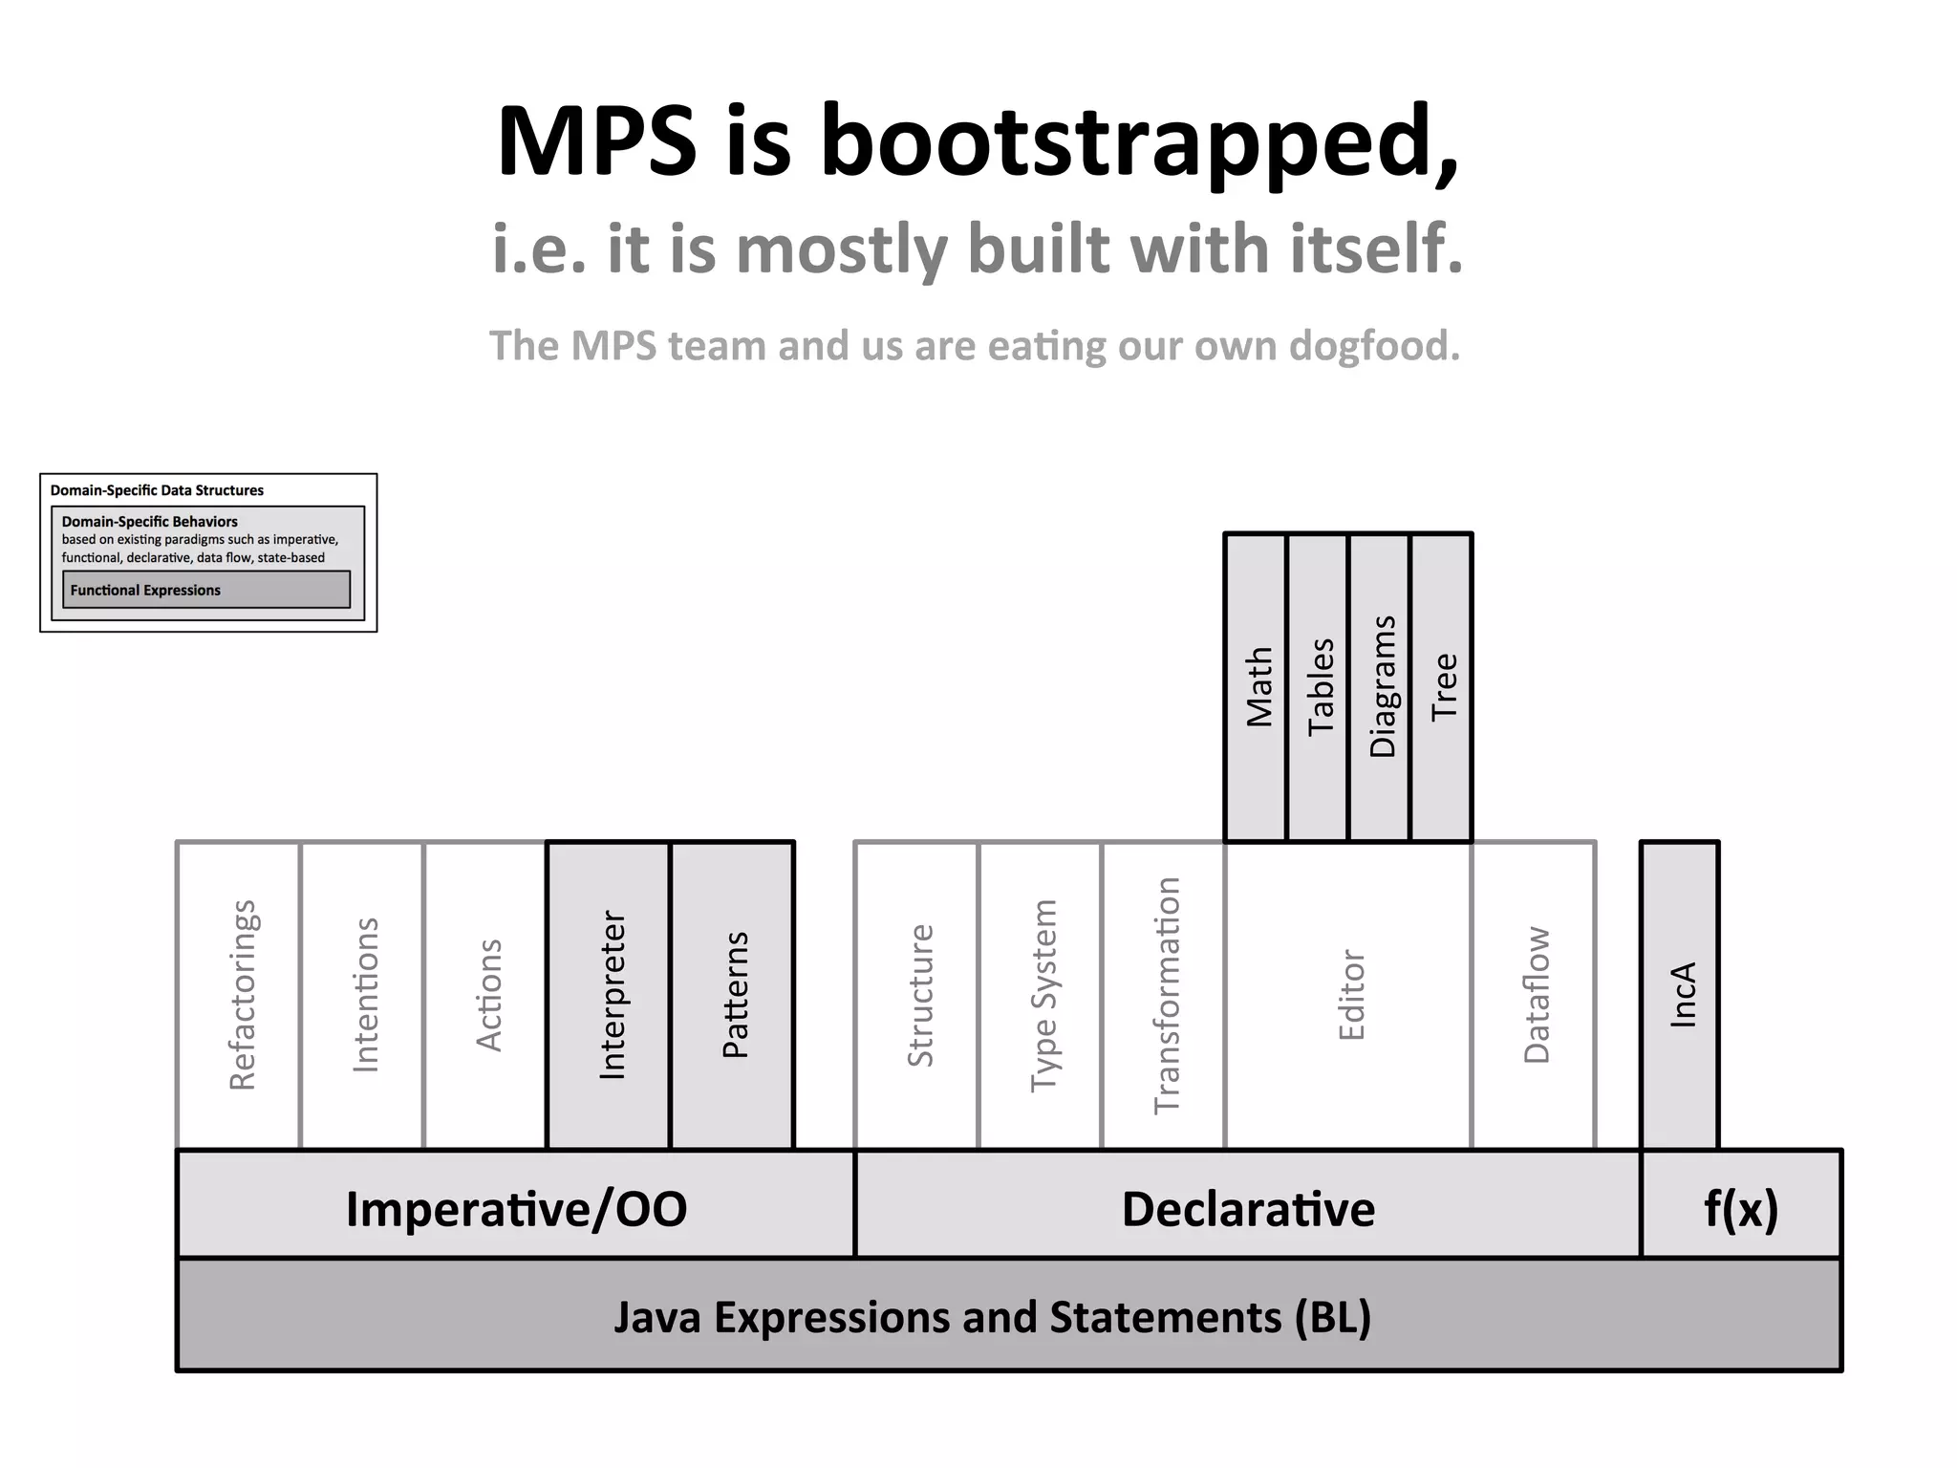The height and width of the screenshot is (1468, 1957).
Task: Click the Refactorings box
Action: coord(239,995)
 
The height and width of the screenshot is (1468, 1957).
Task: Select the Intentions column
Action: coord(362,995)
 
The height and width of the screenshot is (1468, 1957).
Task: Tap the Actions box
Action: coord(485,995)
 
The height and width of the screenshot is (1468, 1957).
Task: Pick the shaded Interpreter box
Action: coord(609,995)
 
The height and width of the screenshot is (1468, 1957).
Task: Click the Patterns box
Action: coord(733,995)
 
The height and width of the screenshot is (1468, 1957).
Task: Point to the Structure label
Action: coord(919,995)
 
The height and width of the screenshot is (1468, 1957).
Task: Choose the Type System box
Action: coord(1043,995)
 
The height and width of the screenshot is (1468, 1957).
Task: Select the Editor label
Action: coord(1350,995)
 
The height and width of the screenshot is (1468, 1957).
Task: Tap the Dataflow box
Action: coord(1535,995)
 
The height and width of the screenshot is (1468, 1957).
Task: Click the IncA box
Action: coord(1681,995)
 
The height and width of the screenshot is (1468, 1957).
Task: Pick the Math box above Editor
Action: coord(1258,687)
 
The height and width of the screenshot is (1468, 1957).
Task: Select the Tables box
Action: coord(1319,687)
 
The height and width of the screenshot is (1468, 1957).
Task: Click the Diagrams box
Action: coord(1380,687)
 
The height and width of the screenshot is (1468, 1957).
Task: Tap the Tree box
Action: coord(1442,687)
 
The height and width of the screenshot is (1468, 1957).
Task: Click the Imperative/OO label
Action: coord(516,1208)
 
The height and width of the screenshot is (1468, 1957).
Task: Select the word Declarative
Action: coord(1248,1208)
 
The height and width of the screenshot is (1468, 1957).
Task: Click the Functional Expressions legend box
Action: coord(206,590)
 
